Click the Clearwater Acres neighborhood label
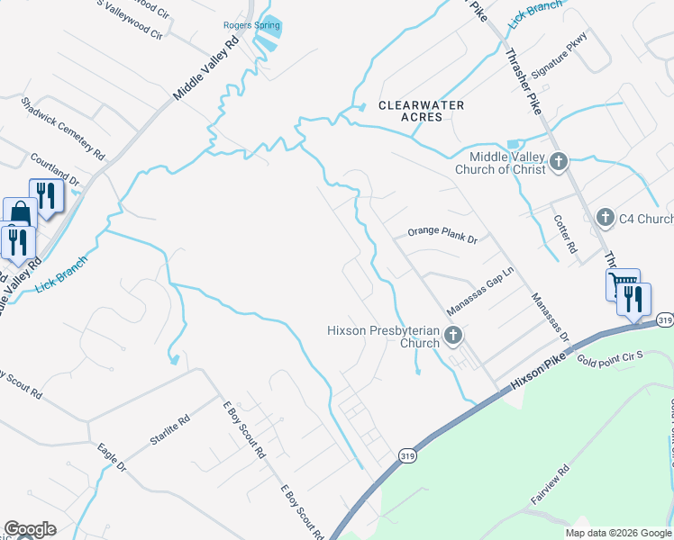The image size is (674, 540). (421, 112)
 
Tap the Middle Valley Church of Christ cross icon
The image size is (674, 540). (559, 163)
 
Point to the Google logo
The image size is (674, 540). (30, 529)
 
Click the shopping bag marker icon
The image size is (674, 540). (20, 215)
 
